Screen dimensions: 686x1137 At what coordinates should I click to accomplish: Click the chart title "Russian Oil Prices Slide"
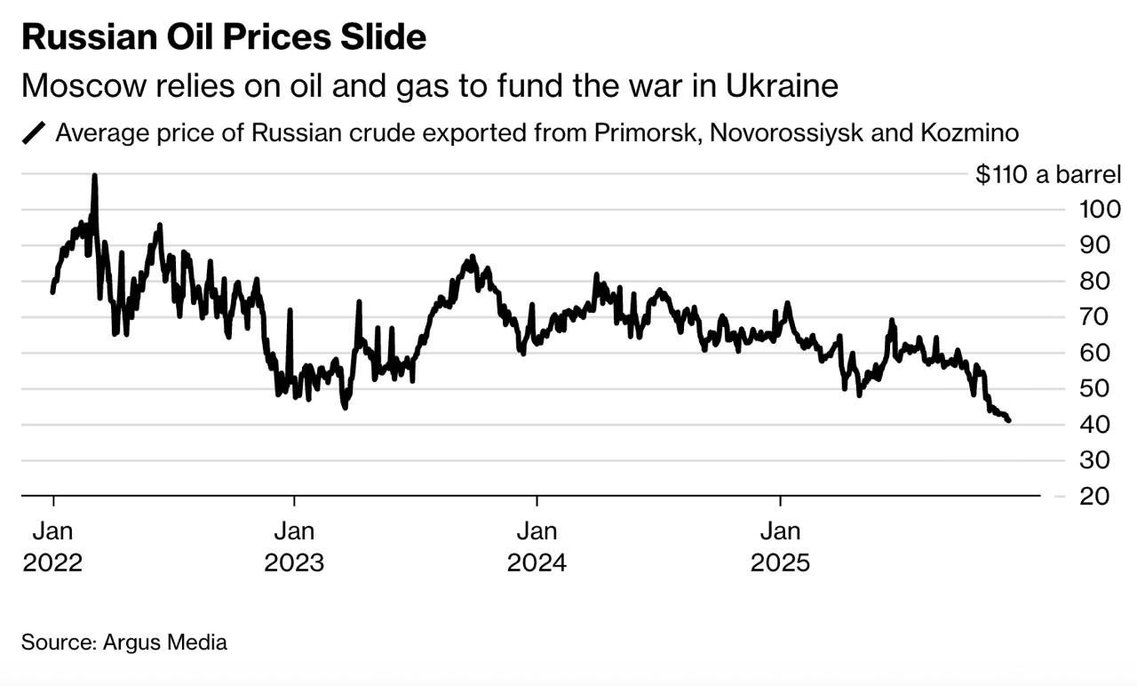point(224,37)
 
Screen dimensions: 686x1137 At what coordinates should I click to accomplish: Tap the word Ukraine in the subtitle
point(782,86)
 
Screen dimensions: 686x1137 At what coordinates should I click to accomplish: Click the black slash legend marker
point(34,134)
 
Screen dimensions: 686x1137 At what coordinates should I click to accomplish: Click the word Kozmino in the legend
point(966,134)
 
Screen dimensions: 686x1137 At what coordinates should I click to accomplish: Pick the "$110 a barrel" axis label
point(1048,174)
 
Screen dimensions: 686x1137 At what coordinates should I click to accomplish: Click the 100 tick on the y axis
point(1100,210)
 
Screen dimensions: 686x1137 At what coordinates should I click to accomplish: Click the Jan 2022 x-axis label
point(52,547)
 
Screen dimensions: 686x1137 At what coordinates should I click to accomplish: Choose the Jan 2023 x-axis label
point(294,547)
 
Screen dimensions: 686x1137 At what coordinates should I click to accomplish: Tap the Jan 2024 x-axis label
point(537,547)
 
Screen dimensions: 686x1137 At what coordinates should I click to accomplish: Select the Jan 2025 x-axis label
point(780,547)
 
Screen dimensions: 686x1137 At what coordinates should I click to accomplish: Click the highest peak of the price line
point(94,176)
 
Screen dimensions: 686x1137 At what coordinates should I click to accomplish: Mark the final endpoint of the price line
point(1008,421)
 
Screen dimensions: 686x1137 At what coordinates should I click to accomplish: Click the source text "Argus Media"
point(164,642)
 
